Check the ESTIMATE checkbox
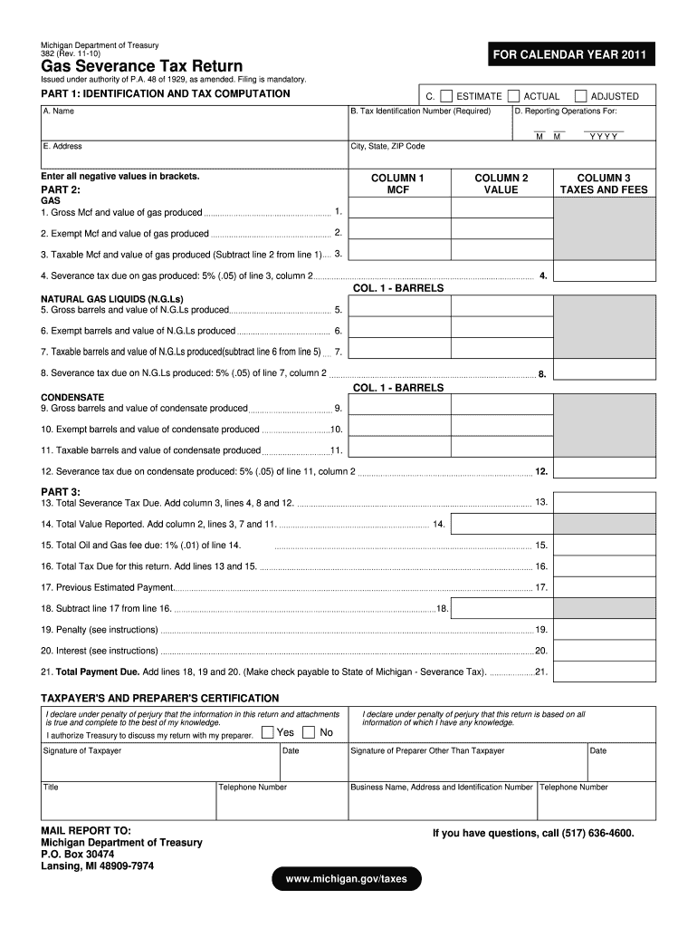[x=446, y=96]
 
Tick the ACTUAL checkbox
[x=514, y=96]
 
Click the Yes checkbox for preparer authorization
[x=268, y=732]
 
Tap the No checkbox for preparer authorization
[x=310, y=732]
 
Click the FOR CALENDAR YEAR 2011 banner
[x=568, y=56]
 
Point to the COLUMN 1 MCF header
[x=398, y=184]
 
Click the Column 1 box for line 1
[x=398, y=212]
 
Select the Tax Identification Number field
[x=429, y=124]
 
